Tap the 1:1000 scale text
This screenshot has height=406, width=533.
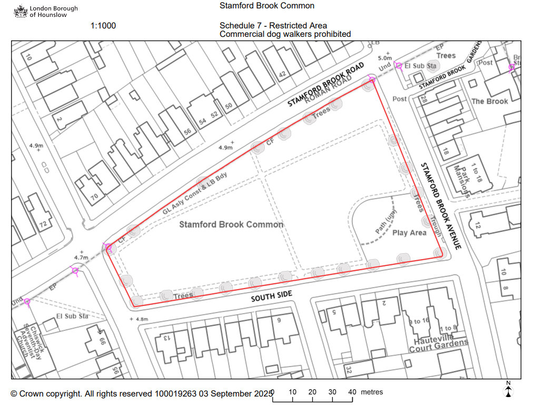click(103, 26)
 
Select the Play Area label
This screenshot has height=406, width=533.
click(409, 233)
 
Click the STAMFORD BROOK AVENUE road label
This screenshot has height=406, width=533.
click(441, 206)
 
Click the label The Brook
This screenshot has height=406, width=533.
click(489, 101)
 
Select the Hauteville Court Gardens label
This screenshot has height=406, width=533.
click(438, 345)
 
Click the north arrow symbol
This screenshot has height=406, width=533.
click(508, 389)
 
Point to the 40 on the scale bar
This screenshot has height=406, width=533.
click(352, 392)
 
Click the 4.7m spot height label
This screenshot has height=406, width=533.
click(81, 258)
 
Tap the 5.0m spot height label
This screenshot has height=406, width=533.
click(386, 58)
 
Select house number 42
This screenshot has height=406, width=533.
click(282, 74)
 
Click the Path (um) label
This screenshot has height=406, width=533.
click(386, 223)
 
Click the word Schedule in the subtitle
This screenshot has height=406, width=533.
click(235, 26)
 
